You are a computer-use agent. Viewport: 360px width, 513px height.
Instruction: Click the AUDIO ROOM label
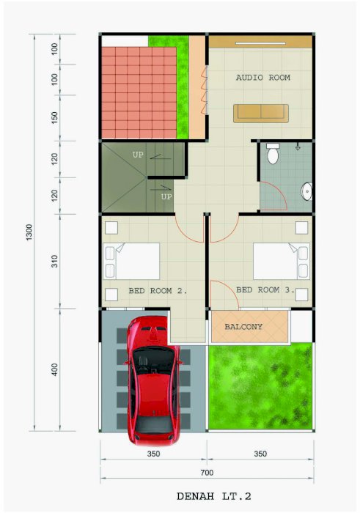click(x=262, y=78)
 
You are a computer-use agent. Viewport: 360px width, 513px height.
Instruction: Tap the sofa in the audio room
click(x=261, y=114)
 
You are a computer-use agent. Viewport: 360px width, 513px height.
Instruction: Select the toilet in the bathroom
click(x=273, y=153)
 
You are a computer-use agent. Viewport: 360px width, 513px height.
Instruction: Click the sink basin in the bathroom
click(x=306, y=191)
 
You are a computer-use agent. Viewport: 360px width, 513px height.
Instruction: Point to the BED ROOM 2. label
click(x=158, y=291)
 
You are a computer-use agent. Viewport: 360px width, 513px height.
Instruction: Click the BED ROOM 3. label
click(x=265, y=290)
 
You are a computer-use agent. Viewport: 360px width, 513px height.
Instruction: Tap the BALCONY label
click(x=243, y=327)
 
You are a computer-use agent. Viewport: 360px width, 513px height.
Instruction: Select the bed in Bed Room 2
click(x=131, y=261)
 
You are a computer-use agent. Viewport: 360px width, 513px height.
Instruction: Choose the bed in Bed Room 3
click(x=282, y=261)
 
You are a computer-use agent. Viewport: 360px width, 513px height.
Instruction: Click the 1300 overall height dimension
click(x=29, y=232)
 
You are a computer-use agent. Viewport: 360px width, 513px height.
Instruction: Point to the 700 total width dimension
click(x=207, y=473)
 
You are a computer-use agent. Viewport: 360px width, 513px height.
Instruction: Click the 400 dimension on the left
click(x=54, y=369)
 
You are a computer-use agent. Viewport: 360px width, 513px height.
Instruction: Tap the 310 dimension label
click(x=54, y=261)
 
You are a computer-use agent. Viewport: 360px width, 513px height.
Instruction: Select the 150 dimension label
click(x=54, y=118)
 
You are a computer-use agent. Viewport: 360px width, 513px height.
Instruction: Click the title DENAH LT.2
click(x=214, y=496)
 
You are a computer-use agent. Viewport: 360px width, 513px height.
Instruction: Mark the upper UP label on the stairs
click(x=138, y=155)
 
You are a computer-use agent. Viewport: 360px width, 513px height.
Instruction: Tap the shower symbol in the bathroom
click(x=298, y=147)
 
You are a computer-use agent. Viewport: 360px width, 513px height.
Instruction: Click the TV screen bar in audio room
click(x=260, y=43)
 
